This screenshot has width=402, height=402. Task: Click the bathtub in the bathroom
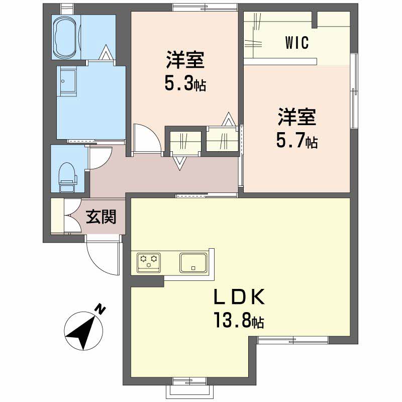tap(66, 37)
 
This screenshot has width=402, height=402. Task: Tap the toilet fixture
tap(67, 177)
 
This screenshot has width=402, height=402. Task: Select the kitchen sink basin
tap(193, 262)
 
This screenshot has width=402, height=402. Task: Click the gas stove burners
tap(149, 262)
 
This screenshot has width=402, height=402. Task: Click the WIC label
tap(297, 43)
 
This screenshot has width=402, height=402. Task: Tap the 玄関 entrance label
tap(101, 217)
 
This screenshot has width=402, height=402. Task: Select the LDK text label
tap(239, 297)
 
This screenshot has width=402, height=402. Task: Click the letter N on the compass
tap(100, 309)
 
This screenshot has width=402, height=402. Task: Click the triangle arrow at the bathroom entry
tap(106, 53)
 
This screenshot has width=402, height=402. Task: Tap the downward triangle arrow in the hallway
tap(179, 163)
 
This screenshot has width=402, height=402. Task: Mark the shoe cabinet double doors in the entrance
tap(72, 217)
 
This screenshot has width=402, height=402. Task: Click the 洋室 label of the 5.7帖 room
tap(297, 117)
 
